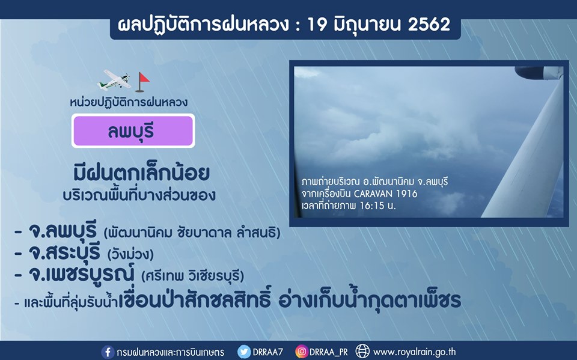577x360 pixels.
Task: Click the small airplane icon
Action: click(114, 80)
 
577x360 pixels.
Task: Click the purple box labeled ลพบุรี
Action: click(133, 130)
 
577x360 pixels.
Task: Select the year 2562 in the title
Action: click(429, 25)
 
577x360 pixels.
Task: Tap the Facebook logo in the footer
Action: click(108, 352)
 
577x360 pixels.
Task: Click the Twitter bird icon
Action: click(243, 352)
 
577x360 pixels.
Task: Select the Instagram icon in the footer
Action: click(301, 352)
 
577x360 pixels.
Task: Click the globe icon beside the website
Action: click(362, 352)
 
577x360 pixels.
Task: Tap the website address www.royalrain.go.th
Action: click(414, 352)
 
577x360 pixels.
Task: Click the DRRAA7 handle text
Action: click(268, 352)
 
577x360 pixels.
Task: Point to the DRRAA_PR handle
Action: click(329, 352)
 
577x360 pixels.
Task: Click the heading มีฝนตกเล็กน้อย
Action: click(142, 173)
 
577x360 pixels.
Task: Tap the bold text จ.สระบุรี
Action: click(64, 252)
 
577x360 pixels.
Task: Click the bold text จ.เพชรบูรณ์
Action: click(81, 274)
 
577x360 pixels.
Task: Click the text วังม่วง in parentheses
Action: click(130, 254)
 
